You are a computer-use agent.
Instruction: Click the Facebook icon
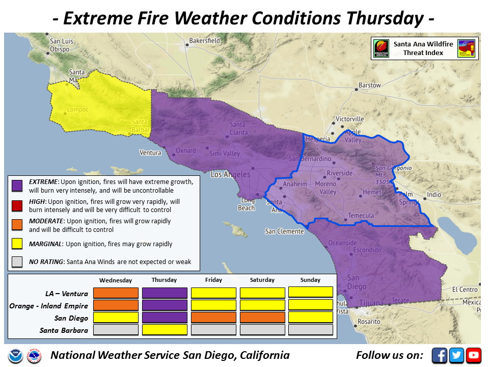click(x=440, y=355)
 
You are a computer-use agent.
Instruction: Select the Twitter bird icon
click(x=456, y=355)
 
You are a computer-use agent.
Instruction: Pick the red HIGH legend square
click(x=17, y=205)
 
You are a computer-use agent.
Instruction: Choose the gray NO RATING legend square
click(x=17, y=261)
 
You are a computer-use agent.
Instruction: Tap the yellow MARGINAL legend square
click(x=17, y=244)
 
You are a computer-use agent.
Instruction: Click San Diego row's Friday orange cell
click(x=213, y=318)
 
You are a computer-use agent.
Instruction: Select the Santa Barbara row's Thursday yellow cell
click(x=164, y=330)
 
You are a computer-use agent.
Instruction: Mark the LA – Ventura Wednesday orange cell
click(x=116, y=293)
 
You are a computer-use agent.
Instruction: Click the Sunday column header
click(x=310, y=280)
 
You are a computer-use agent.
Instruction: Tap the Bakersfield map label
click(x=204, y=40)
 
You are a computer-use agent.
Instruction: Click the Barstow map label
click(x=369, y=85)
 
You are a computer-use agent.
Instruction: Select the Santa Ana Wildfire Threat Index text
click(x=423, y=48)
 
